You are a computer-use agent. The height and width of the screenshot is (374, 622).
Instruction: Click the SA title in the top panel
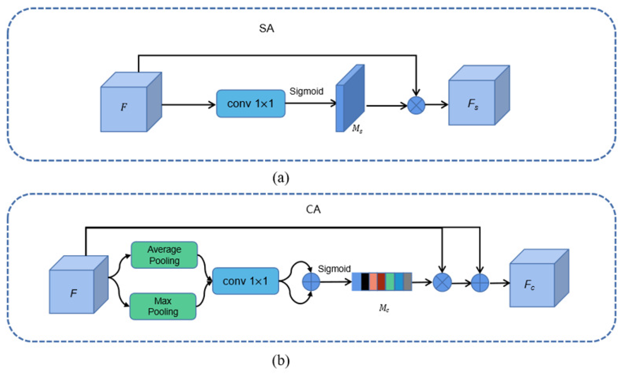[266, 29]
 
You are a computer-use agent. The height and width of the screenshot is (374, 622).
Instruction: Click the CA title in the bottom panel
[313, 209]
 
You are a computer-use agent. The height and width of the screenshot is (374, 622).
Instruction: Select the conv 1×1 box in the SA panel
[251, 103]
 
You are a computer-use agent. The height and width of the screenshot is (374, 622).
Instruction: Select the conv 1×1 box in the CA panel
[245, 281]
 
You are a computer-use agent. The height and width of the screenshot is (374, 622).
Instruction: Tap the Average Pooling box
[164, 255]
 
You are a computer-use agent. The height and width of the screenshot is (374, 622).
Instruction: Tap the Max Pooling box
[163, 306]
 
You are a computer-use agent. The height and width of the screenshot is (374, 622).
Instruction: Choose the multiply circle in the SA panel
[416, 105]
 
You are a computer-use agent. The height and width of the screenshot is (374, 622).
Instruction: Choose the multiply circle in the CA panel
[442, 282]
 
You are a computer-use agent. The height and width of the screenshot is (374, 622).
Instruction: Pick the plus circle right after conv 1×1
[311, 282]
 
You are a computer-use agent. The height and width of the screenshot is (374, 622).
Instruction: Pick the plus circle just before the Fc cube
[480, 283]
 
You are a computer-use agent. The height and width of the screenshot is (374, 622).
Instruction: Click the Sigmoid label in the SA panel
[306, 91]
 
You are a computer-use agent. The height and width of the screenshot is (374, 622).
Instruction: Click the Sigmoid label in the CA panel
[334, 269]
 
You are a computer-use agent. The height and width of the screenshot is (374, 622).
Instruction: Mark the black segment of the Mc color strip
[365, 282]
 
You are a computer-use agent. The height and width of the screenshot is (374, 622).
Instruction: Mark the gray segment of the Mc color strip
[407, 282]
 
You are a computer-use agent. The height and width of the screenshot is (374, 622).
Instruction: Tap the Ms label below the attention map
[357, 129]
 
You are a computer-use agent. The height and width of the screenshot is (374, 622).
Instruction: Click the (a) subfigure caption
[281, 178]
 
